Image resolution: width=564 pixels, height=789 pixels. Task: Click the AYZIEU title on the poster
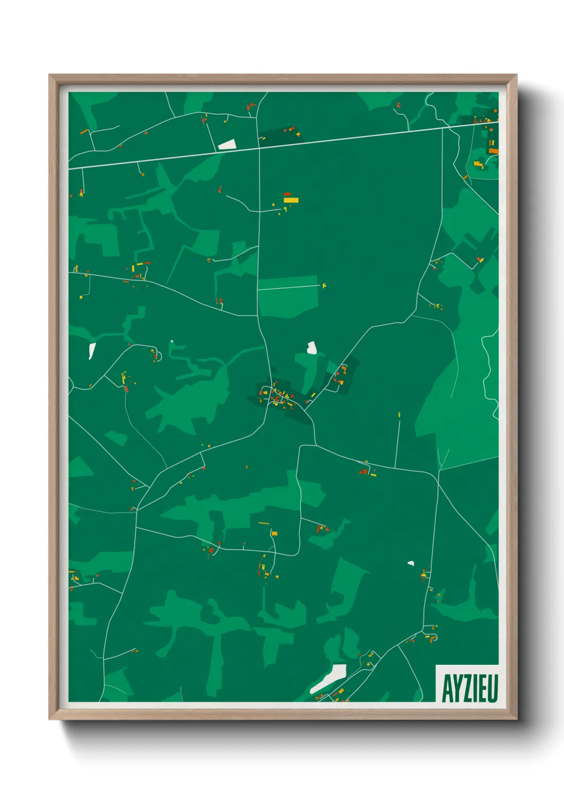click(469, 688)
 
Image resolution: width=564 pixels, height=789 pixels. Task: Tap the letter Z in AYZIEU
click(465, 688)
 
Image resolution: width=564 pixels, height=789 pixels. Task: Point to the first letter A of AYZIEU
click(446, 688)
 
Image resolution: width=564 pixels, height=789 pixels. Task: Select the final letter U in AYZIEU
click(493, 688)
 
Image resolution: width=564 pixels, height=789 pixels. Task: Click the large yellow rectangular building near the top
click(291, 200)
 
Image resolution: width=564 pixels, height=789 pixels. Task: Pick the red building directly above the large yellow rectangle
click(287, 194)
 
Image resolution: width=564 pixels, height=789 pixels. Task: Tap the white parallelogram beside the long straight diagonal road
click(227, 144)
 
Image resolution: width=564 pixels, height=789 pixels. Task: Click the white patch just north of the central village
click(312, 348)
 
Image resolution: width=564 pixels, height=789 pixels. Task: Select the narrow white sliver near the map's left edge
click(92, 350)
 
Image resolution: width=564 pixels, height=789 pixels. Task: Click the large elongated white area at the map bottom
click(329, 678)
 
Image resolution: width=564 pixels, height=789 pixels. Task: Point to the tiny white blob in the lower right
click(410, 562)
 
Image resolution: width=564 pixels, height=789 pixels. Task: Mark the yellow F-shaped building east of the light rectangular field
click(324, 286)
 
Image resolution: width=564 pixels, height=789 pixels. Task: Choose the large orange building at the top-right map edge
click(494, 151)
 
